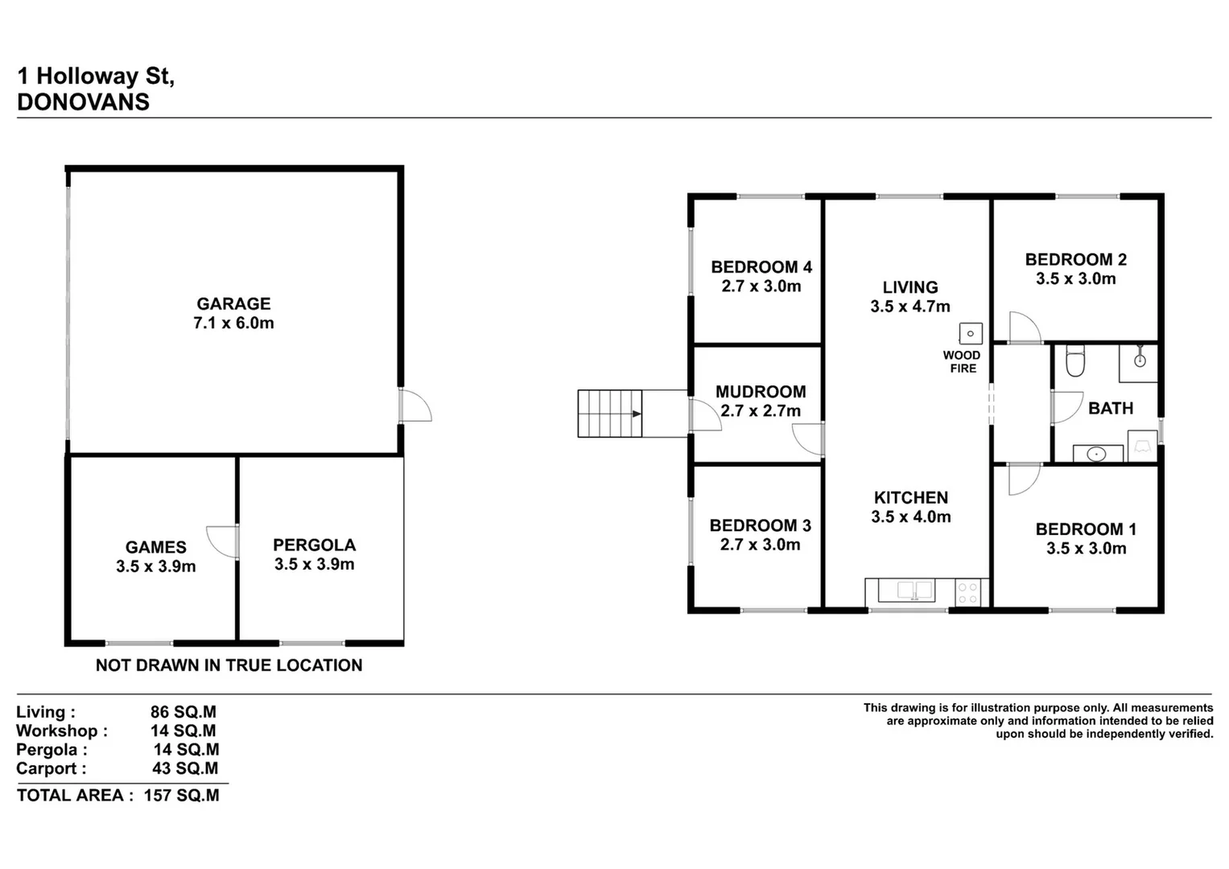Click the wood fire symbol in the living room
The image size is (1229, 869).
[x=970, y=333]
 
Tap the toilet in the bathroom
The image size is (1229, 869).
[x=1075, y=361]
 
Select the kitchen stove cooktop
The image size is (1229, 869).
[x=968, y=593]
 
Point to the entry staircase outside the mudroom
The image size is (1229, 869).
[x=610, y=414]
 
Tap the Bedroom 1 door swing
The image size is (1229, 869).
[x=1024, y=480]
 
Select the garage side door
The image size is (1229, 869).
[x=415, y=406]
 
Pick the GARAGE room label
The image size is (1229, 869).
[x=233, y=304]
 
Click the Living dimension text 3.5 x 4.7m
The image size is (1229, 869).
[x=909, y=307]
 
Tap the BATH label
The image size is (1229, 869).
[x=1110, y=409]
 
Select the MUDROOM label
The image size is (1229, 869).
[x=761, y=392]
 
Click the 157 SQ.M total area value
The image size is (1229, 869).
[x=181, y=796]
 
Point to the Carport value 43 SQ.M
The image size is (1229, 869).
[x=185, y=768]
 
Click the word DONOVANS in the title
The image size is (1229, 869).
[x=83, y=102]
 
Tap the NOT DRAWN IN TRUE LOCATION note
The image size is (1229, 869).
[x=229, y=665]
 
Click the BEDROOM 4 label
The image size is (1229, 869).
[x=761, y=267]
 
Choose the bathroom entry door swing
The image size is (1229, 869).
[x=1067, y=407]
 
